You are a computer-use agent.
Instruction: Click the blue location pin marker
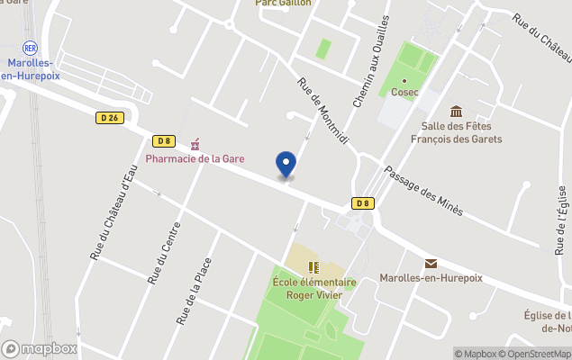pos(286,165)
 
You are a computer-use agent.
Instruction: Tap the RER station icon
pos(29,47)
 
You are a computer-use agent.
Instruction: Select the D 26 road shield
pos(109,117)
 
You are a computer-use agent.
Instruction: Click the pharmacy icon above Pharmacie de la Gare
pos(195,143)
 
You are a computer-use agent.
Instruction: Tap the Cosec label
pos(404,93)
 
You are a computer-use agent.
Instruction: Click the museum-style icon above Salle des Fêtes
pos(457,112)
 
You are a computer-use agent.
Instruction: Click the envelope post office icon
pos(431,263)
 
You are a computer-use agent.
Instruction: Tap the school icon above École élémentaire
pos(313,267)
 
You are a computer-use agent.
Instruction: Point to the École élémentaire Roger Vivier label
pos(314,288)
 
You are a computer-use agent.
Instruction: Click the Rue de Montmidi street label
pos(322,112)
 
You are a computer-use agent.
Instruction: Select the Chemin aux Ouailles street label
pos(371,61)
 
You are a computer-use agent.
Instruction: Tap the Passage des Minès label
pos(423,191)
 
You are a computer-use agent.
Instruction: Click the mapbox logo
pos(40,348)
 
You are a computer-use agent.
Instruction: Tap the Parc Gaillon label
pos(283,4)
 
